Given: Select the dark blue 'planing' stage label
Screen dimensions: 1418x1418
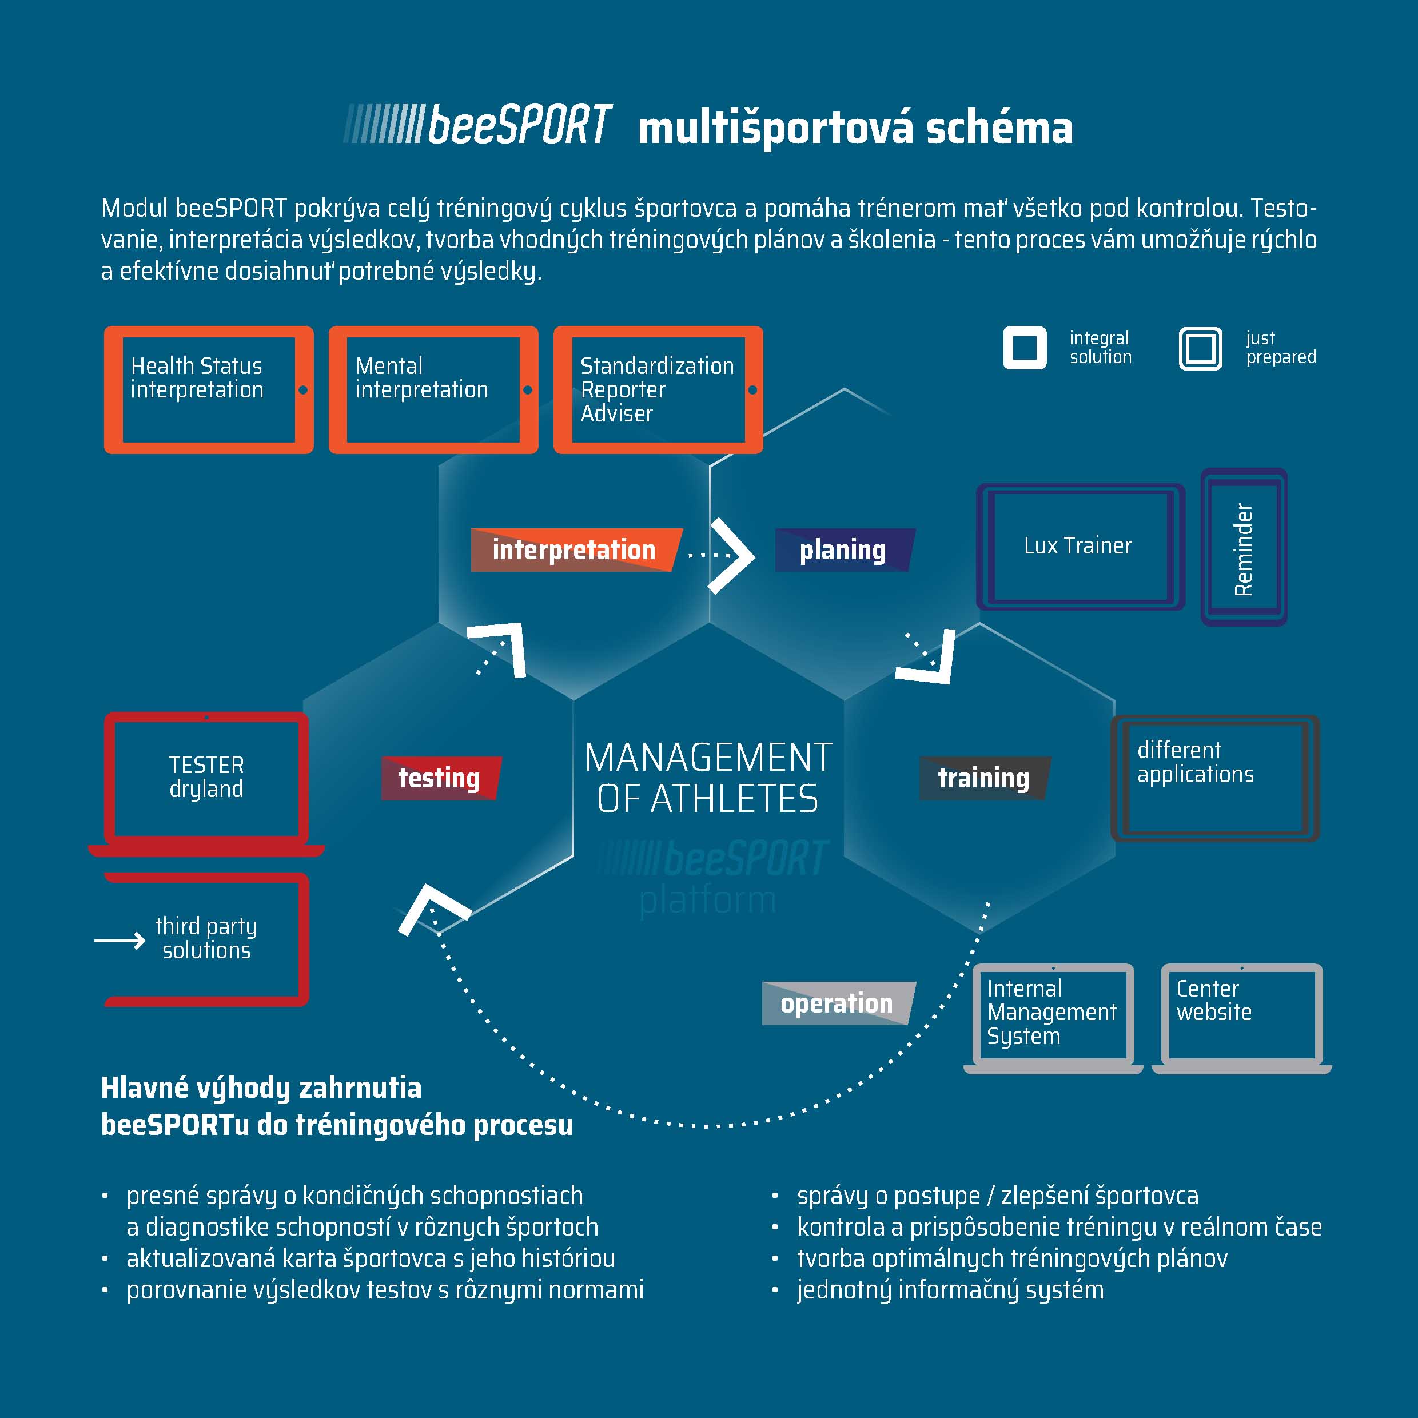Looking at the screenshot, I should click(x=843, y=549).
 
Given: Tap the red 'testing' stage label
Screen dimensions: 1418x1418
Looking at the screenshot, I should click(x=440, y=778).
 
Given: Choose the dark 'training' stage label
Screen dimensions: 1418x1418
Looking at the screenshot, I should click(x=983, y=778).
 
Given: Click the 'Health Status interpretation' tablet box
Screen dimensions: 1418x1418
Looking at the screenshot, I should click(x=209, y=390).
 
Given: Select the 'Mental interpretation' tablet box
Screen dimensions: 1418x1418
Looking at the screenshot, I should click(x=433, y=390).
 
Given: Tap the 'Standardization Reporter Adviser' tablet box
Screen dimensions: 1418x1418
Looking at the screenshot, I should click(x=658, y=390).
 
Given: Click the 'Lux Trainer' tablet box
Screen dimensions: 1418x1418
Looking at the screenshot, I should click(x=1079, y=547).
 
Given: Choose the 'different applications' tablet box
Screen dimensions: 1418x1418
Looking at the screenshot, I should click(x=1214, y=778).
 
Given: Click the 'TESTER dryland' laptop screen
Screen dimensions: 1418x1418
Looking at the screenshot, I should click(x=206, y=778).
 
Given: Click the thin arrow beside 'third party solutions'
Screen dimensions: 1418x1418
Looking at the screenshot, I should click(x=120, y=940).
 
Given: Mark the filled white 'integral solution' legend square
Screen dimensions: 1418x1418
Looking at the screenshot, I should click(x=1025, y=348).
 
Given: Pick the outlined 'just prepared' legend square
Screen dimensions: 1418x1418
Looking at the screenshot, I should click(x=1200, y=348).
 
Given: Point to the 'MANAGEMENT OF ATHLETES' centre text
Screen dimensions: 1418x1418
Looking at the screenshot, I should click(x=708, y=778).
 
